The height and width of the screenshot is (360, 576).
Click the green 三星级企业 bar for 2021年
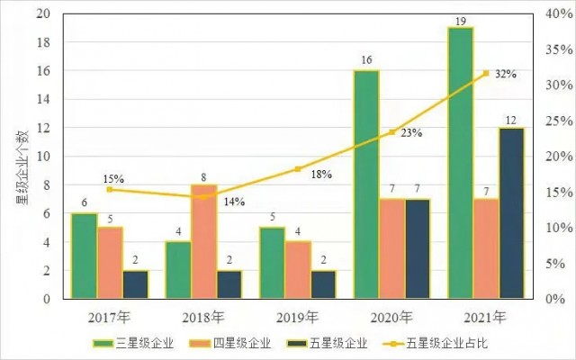[x=460, y=162]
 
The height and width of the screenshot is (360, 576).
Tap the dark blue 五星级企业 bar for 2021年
[x=511, y=212]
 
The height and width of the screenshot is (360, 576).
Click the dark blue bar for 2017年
[x=135, y=283]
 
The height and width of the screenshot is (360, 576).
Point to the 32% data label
[x=506, y=75]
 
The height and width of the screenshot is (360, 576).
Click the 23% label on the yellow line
[x=411, y=133]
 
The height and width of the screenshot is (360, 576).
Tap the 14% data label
[x=234, y=202]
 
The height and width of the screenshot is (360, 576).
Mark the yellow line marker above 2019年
[x=298, y=169]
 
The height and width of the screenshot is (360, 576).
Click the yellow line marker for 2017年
[x=110, y=189]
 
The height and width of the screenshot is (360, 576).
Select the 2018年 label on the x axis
[x=204, y=317]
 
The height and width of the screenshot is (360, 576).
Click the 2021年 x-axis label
[x=486, y=317]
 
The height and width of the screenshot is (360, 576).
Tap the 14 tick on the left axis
[x=44, y=100]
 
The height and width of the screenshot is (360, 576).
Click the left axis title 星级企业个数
[x=19, y=157]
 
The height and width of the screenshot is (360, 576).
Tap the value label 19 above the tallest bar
[x=460, y=19]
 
